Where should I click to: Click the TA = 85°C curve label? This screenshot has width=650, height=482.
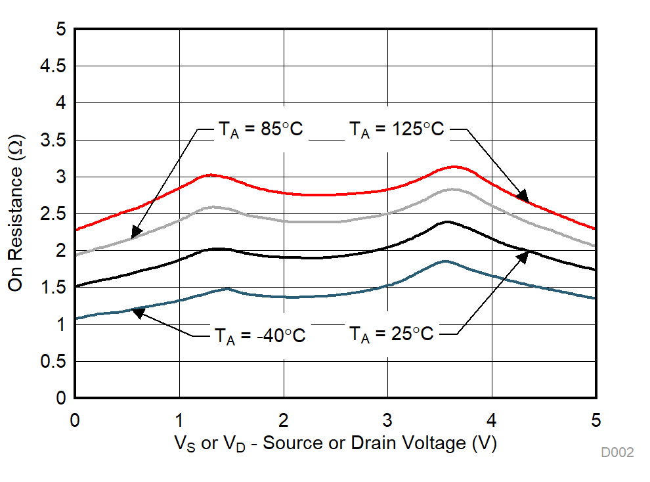coord(259,129)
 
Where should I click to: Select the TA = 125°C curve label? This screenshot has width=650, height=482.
coord(396,129)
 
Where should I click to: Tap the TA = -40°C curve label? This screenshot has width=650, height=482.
coord(260,335)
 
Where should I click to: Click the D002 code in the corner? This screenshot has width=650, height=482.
coord(617,452)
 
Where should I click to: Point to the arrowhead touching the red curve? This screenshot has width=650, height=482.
coord(523,196)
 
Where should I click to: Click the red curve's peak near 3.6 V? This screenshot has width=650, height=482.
coord(453,167)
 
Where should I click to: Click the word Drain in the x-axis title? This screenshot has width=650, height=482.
coord(372,443)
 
